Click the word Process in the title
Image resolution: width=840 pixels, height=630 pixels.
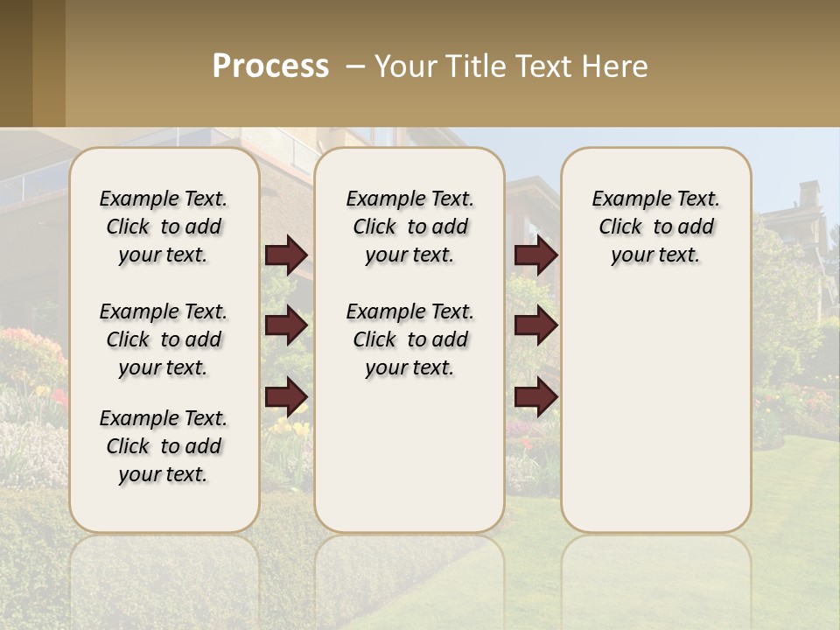pos(270,66)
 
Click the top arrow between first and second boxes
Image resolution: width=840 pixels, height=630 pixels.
pos(286,255)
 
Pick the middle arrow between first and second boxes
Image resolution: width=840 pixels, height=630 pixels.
pos(286,325)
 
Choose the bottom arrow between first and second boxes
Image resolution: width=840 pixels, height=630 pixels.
pos(286,397)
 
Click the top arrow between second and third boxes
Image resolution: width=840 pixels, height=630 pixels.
pos(535,255)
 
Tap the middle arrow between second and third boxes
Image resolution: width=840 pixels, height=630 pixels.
pos(535,325)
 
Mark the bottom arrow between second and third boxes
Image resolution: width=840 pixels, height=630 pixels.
pos(535,397)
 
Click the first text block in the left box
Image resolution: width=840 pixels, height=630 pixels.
pos(164,227)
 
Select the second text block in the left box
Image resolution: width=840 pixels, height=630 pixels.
pos(164,339)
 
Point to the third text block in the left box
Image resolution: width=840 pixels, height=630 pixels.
pos(164,446)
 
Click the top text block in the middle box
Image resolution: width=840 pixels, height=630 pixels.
pos(409,227)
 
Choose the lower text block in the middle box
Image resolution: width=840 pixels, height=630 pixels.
pos(409,339)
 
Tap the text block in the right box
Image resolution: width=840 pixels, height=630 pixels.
pos(656,227)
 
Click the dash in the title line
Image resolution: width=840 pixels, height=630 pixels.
pos(356,66)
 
